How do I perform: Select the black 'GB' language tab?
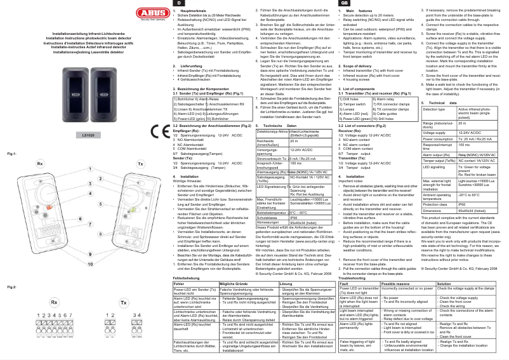coord(344,3)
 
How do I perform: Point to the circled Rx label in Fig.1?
coord(40,163)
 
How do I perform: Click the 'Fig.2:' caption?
coord(11,270)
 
